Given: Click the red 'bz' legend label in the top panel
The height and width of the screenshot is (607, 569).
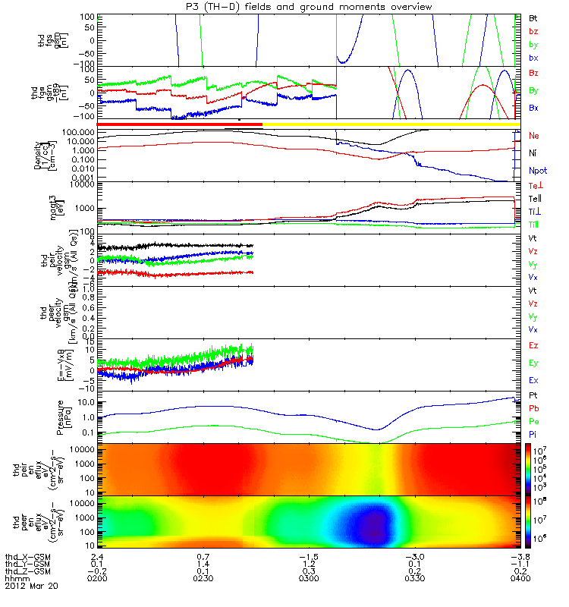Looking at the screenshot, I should (533, 31).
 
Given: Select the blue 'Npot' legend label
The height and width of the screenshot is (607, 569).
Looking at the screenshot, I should (537, 172).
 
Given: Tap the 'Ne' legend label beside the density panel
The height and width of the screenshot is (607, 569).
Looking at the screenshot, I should (534, 136).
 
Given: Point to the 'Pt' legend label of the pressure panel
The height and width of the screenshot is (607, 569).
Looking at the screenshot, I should (533, 397).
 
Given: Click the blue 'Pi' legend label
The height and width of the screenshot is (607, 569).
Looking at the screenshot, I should (533, 433).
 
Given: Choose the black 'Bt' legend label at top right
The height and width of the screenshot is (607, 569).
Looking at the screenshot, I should (533, 17).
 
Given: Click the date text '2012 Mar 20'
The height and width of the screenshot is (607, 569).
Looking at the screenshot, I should (31, 587).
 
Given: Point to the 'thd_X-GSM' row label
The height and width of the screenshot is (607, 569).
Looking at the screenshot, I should (27, 556).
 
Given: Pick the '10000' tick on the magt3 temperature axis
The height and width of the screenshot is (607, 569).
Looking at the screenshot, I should (81, 184).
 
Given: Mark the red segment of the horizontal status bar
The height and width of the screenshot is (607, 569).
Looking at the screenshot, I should (179, 124).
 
